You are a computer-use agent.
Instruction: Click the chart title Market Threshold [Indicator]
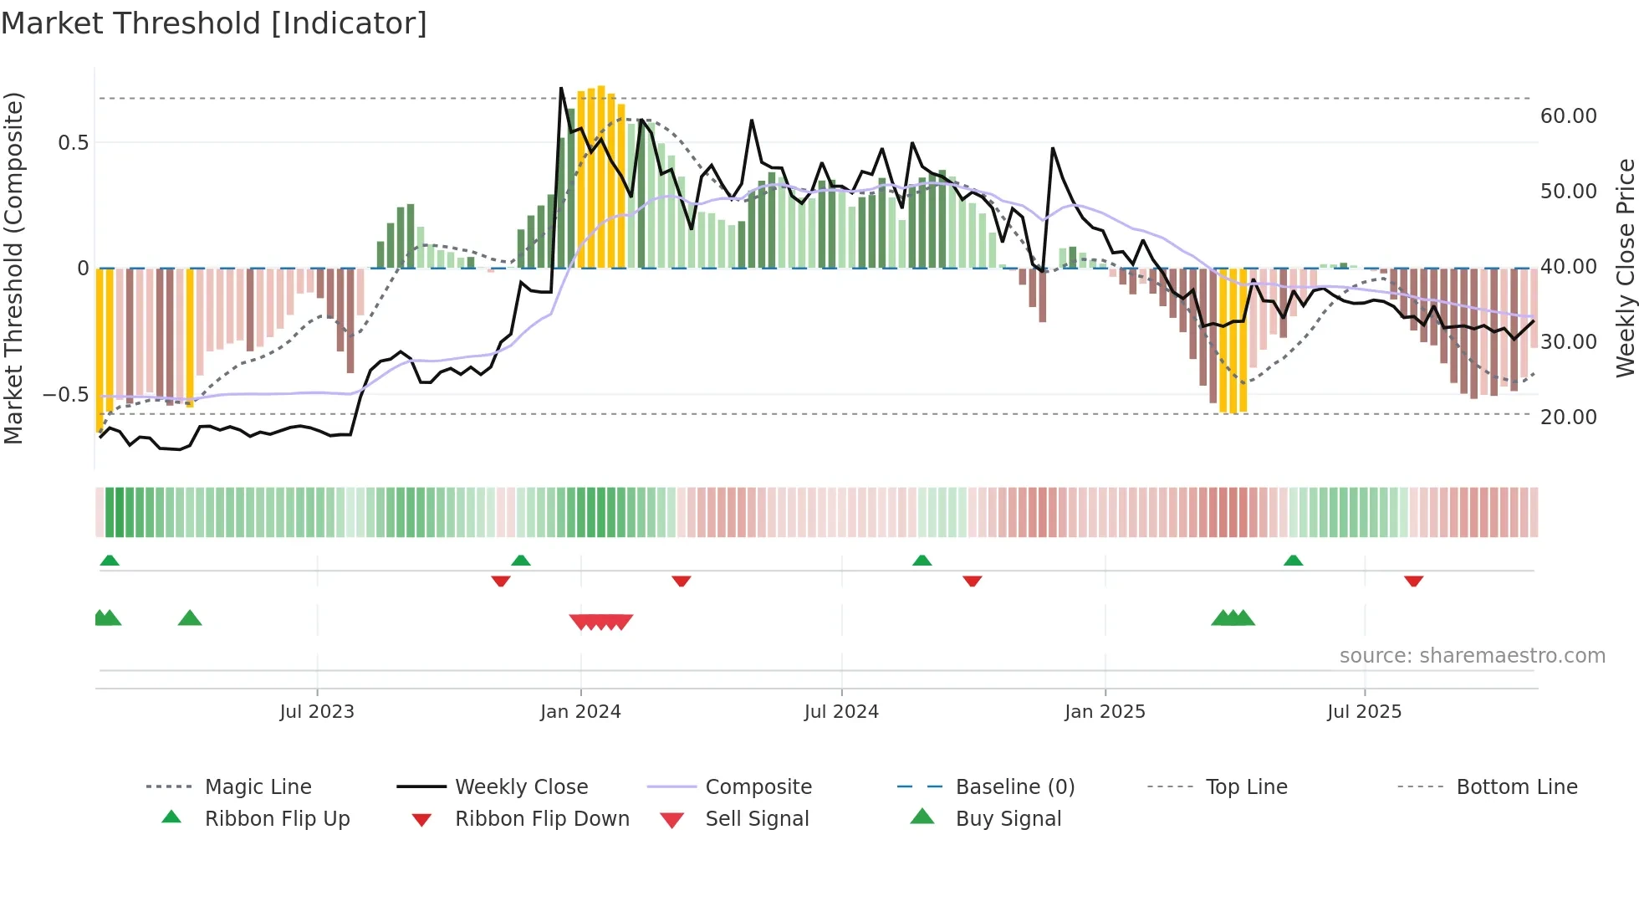214,23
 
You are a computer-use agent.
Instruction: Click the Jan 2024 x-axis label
580,712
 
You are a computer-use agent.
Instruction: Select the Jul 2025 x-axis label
1364,712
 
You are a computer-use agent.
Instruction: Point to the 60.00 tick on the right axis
1568,116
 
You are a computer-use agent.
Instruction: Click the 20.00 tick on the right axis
1568,417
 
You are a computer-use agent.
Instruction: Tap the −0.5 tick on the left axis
65,394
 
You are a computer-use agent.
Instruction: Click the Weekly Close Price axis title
1625,268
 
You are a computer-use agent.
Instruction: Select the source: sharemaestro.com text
1472,656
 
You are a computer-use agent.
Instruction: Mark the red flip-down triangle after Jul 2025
1413,581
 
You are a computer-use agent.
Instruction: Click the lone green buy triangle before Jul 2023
190,618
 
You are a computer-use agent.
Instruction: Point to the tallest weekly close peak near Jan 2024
561,88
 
